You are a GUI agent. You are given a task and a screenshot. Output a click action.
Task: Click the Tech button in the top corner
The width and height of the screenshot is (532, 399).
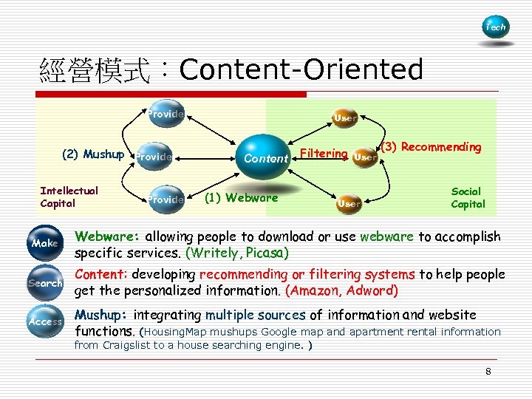coord(495,27)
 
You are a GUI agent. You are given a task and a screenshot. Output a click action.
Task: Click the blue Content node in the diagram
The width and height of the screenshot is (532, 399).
coord(265,157)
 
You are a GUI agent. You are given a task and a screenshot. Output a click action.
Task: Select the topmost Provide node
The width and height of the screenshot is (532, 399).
coord(164,115)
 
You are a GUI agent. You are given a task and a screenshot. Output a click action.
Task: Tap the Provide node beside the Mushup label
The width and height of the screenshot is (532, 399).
coord(154,156)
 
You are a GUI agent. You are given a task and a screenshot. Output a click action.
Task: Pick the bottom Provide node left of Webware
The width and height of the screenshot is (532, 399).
coord(164,199)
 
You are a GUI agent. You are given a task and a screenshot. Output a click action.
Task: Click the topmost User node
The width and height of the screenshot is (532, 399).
coord(345,117)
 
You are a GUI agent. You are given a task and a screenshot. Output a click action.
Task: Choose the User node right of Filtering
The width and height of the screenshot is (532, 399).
coord(364,157)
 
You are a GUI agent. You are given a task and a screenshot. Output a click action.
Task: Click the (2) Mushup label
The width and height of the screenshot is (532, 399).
coord(92,154)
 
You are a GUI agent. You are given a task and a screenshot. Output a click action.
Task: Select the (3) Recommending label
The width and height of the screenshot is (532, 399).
coord(431,147)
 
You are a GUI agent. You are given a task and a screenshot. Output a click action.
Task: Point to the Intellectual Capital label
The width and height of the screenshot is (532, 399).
coord(69,197)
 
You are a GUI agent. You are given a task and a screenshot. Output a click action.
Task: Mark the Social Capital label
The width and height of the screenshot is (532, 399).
coord(468,197)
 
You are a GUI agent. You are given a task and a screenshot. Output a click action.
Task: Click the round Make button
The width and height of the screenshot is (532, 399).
coord(45,243)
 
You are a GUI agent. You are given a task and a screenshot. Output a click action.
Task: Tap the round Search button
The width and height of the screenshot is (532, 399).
coord(45,283)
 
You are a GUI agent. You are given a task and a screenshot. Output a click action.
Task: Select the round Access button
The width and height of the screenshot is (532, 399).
coord(45,321)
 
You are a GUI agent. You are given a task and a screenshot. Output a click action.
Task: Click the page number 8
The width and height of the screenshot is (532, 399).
coord(488,371)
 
